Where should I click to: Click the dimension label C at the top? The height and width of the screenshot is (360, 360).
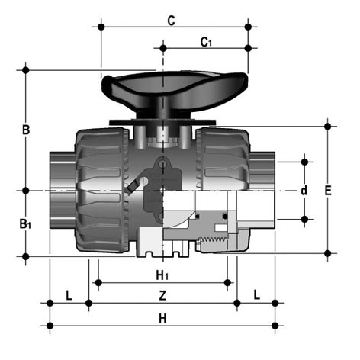[172, 21]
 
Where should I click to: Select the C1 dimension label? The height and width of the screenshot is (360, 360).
[206, 42]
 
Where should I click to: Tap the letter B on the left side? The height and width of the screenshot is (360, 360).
[26, 130]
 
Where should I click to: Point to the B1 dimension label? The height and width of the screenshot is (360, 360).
[25, 224]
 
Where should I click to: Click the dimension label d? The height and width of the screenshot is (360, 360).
[304, 191]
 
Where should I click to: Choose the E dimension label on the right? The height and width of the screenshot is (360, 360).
[328, 191]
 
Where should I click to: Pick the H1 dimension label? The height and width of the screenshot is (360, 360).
[162, 275]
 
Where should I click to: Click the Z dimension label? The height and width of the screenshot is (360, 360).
[162, 296]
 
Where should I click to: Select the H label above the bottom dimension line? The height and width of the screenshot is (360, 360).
[162, 318]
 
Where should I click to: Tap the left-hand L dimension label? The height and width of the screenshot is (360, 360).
[69, 296]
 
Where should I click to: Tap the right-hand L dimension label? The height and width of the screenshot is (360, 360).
[257, 295]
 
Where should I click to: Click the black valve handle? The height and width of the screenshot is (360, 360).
[175, 95]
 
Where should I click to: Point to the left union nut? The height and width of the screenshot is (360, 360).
[102, 191]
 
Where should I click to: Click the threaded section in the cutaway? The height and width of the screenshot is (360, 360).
[213, 239]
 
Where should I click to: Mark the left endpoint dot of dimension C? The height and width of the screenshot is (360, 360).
[101, 27]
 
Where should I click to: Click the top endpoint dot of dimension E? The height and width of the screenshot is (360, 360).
[328, 126]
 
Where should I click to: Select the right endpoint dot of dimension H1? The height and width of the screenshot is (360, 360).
[227, 282]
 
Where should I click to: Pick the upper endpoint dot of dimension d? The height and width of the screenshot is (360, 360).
[304, 162]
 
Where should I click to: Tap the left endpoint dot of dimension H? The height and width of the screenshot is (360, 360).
[50, 326]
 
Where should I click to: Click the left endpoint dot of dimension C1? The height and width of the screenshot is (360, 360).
[163, 48]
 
